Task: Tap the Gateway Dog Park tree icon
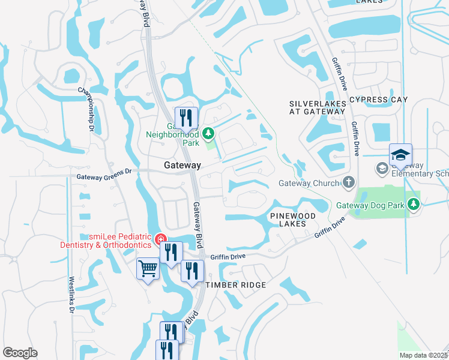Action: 413,205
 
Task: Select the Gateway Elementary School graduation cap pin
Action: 400,155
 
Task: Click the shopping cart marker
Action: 148,269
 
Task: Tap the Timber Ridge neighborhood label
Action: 235,285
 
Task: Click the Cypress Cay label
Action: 378,100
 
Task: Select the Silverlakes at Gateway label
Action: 318,108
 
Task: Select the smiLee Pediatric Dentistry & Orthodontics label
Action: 106,241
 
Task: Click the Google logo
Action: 20,353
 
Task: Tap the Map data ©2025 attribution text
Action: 424,355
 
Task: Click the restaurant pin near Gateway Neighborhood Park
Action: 186,118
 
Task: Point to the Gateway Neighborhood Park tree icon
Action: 208,133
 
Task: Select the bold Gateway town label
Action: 182,165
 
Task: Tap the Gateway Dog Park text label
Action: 370,205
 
